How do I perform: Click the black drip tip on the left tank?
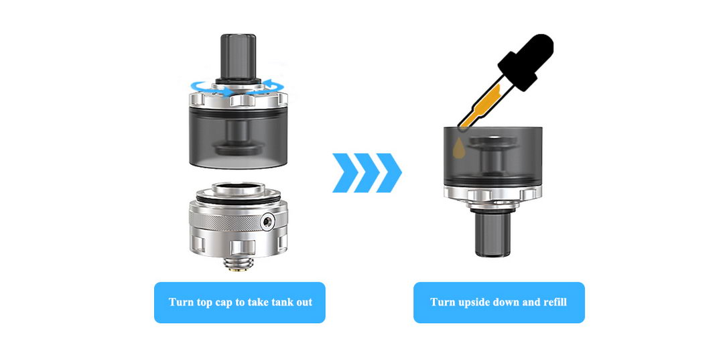pyautogui.click(x=239, y=57)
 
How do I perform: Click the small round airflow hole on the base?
pyautogui.click(x=267, y=222)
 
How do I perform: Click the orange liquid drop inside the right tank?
pyautogui.click(x=459, y=149)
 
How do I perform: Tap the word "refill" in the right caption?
pyautogui.click(x=555, y=302)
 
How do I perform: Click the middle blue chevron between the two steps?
pyautogui.click(x=367, y=172)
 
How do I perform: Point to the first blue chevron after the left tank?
pyautogui.click(x=345, y=172)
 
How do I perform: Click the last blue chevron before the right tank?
pyautogui.click(x=389, y=172)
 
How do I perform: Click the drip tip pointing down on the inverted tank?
pyautogui.click(x=493, y=233)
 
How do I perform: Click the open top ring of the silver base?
pyautogui.click(x=239, y=189)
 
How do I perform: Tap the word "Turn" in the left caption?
pyautogui.click(x=181, y=302)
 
